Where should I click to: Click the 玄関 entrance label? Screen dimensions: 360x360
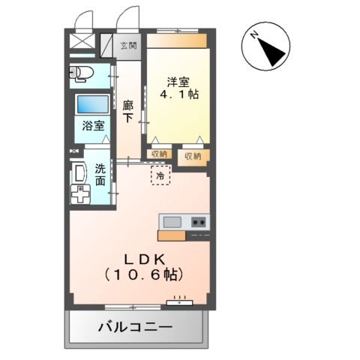129,46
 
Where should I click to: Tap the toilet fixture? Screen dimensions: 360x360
79,73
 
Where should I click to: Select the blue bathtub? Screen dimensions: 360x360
92,103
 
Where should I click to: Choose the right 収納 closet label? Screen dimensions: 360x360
192,156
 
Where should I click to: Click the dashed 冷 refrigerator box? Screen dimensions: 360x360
160,174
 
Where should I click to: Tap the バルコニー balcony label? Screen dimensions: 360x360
136,327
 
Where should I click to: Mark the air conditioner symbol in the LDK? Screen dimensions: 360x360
179,301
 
